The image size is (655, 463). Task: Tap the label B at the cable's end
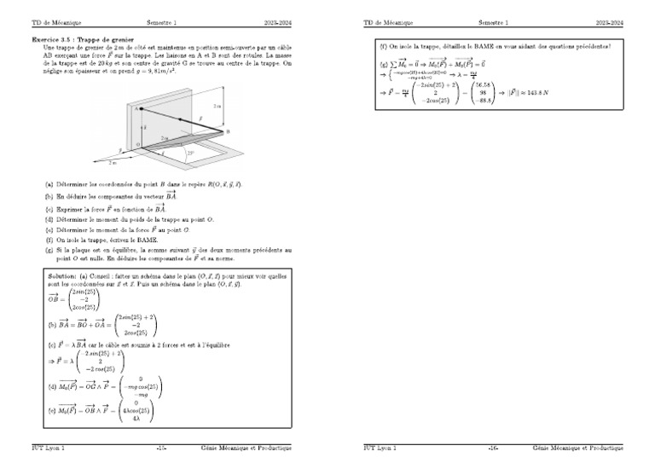[x=227, y=131]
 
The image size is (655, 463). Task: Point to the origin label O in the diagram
[x=137, y=145]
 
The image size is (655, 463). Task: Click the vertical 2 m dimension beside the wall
[x=218, y=107]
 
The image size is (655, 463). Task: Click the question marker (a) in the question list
[x=49, y=184]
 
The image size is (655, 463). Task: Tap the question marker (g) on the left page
[x=49, y=251]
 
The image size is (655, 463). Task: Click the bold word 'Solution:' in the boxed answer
[x=61, y=277]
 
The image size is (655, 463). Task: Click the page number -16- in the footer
[x=493, y=448]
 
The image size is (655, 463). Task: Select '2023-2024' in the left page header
[x=277, y=23]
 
